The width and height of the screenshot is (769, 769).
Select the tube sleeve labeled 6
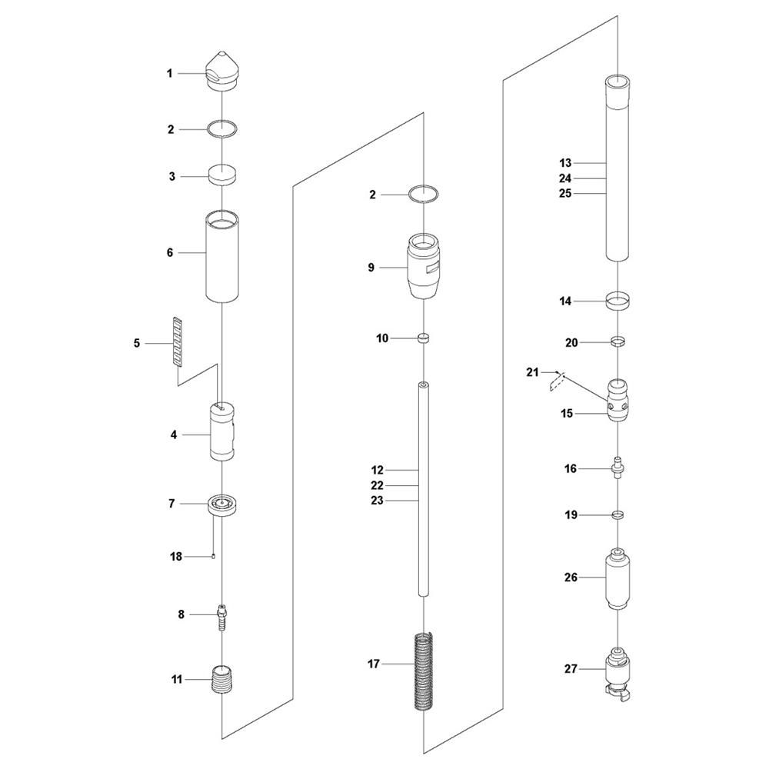222,256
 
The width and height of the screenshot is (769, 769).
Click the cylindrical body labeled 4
222,432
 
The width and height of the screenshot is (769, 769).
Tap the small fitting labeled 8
222,618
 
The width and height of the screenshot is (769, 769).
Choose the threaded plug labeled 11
222,679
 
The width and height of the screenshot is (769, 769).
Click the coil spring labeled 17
423,671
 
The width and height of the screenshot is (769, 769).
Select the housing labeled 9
423,266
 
